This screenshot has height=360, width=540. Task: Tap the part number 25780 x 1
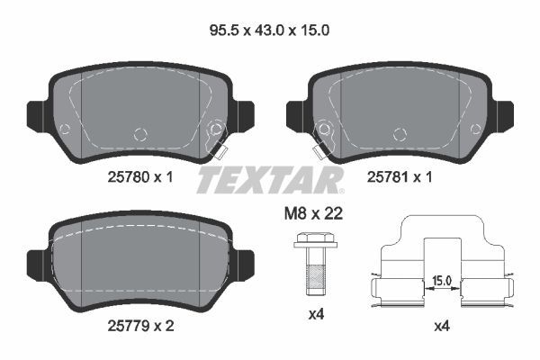pos(134,177)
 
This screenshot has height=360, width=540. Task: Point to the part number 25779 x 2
pos(134,325)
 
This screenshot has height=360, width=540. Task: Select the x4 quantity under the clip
pos(441,325)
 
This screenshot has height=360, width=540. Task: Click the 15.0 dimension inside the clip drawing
pos(441,281)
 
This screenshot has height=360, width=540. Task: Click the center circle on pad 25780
pos(139,134)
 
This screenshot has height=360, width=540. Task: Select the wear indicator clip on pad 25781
pos(320,139)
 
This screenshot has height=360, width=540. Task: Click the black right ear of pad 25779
pos(242,262)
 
